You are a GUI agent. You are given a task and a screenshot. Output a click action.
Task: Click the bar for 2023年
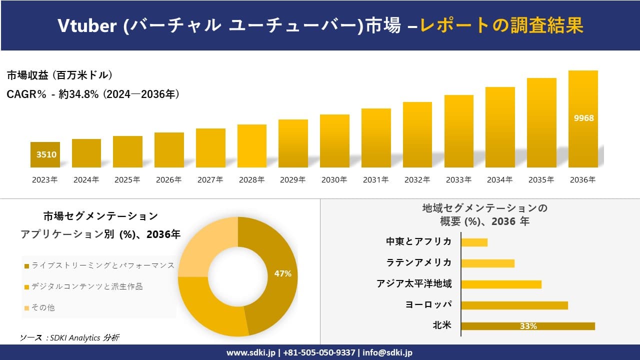click(x=45, y=155)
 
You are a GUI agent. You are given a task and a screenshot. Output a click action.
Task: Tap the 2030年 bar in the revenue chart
click(x=334, y=141)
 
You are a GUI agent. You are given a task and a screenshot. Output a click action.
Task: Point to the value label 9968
click(x=583, y=118)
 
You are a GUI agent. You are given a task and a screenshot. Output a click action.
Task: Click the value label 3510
click(x=46, y=154)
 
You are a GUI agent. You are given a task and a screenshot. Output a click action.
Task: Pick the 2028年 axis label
click(x=251, y=180)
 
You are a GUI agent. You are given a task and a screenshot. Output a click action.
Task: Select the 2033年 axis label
click(x=458, y=180)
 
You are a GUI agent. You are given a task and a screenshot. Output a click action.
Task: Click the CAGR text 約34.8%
click(x=78, y=94)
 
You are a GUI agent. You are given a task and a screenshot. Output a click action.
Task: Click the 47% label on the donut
click(x=282, y=273)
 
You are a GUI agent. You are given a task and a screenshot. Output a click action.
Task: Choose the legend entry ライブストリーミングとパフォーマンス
click(x=102, y=265)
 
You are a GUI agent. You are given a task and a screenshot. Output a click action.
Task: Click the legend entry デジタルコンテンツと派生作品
click(x=86, y=286)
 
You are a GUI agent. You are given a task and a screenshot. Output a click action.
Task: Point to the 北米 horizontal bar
click(x=527, y=326)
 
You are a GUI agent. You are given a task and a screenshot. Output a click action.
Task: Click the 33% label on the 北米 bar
click(x=528, y=326)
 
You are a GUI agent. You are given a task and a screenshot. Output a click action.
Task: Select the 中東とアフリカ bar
click(x=474, y=242)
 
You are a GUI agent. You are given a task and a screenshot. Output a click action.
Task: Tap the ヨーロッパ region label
click(x=428, y=304)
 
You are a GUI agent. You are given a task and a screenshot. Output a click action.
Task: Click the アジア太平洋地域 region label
click(x=414, y=284)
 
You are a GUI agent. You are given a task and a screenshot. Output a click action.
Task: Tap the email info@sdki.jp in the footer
click(x=388, y=352)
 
